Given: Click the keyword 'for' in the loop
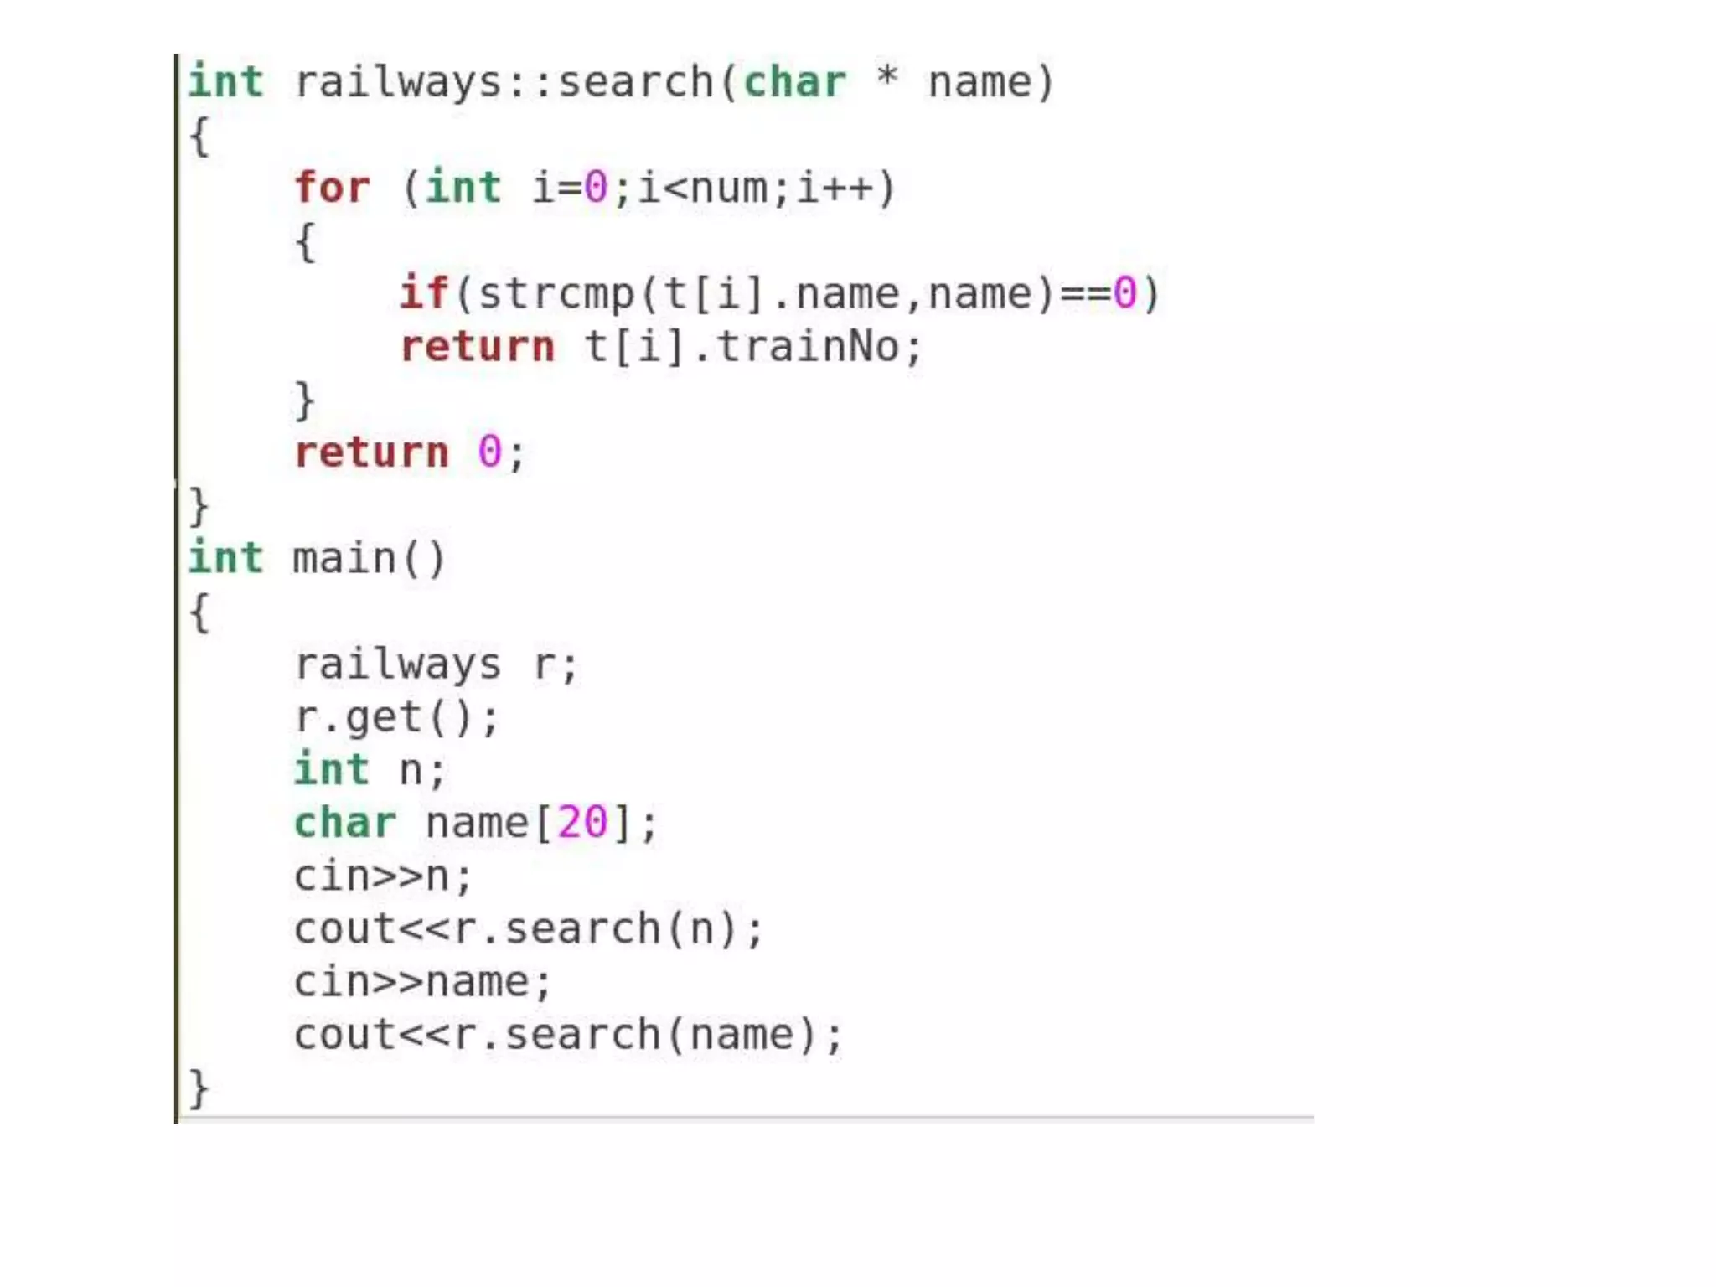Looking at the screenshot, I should tap(332, 188).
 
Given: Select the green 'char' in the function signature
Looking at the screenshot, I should tap(794, 82).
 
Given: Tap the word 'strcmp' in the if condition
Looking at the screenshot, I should tap(556, 294).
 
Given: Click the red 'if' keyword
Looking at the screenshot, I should tap(424, 293).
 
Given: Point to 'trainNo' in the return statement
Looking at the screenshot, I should tap(808, 347).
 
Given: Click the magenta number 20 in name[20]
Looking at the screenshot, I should tap(582, 823).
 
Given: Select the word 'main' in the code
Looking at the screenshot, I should tap(344, 559).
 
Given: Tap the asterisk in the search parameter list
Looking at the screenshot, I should tap(886, 79).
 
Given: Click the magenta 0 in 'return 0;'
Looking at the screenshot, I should tap(489, 452).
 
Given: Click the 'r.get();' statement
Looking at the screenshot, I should tap(396, 718).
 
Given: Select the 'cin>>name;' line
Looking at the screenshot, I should tap(422, 982).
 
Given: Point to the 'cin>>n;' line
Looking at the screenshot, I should tap(383, 876).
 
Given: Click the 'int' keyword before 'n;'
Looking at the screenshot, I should tap(332, 770).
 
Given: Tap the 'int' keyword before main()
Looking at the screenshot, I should tap(225, 559).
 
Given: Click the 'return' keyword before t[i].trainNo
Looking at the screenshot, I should tap(477, 347).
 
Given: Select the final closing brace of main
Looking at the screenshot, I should tap(199, 1088).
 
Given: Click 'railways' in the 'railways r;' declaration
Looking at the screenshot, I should tap(397, 664).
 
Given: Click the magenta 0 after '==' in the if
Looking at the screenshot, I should tap(1124, 294).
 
